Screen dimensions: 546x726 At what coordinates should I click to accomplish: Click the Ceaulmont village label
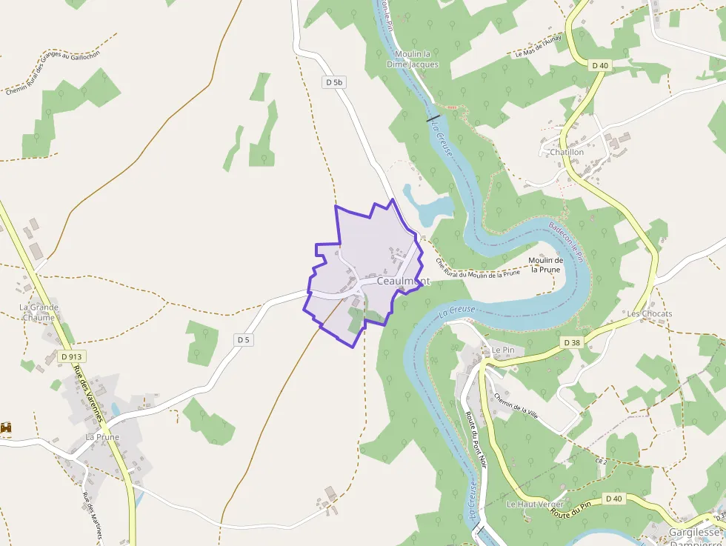[403, 282]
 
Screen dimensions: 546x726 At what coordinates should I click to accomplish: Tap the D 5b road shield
[334, 83]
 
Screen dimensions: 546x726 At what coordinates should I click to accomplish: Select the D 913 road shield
[71, 356]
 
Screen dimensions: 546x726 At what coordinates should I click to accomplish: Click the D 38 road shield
[571, 342]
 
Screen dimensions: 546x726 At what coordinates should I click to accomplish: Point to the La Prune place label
[102, 437]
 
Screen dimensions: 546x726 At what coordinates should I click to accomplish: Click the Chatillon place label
[567, 152]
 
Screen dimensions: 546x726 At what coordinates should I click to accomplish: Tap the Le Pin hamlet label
[502, 349]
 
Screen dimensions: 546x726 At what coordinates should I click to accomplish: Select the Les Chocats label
[649, 313]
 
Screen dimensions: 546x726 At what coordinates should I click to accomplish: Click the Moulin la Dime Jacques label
[413, 59]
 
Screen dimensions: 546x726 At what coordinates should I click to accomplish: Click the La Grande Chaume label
[39, 312]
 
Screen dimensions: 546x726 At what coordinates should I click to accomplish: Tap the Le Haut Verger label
[535, 504]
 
